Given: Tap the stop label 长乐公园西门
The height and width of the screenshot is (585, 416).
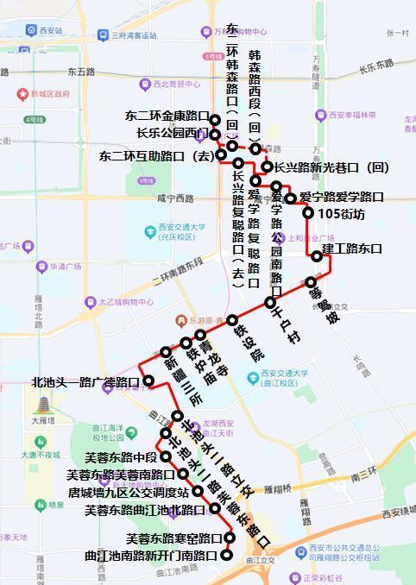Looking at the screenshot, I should pos(167,133).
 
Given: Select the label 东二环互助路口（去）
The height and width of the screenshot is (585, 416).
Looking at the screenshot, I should pos(154,156).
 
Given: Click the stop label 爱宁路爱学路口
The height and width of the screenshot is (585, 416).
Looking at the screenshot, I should pos(342,198).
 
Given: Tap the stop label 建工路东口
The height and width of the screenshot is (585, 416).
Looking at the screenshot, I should pos(352,248).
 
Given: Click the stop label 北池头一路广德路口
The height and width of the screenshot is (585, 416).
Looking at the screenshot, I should pos(85,381).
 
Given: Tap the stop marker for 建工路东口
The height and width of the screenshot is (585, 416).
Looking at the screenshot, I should pos(317,255).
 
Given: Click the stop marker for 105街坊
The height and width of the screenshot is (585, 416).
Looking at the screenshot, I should pos(308,212).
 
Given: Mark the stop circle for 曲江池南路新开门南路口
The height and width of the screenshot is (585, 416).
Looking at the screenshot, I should pos(227,556).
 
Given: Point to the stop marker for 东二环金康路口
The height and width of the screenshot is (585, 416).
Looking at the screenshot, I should pos(215,120).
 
